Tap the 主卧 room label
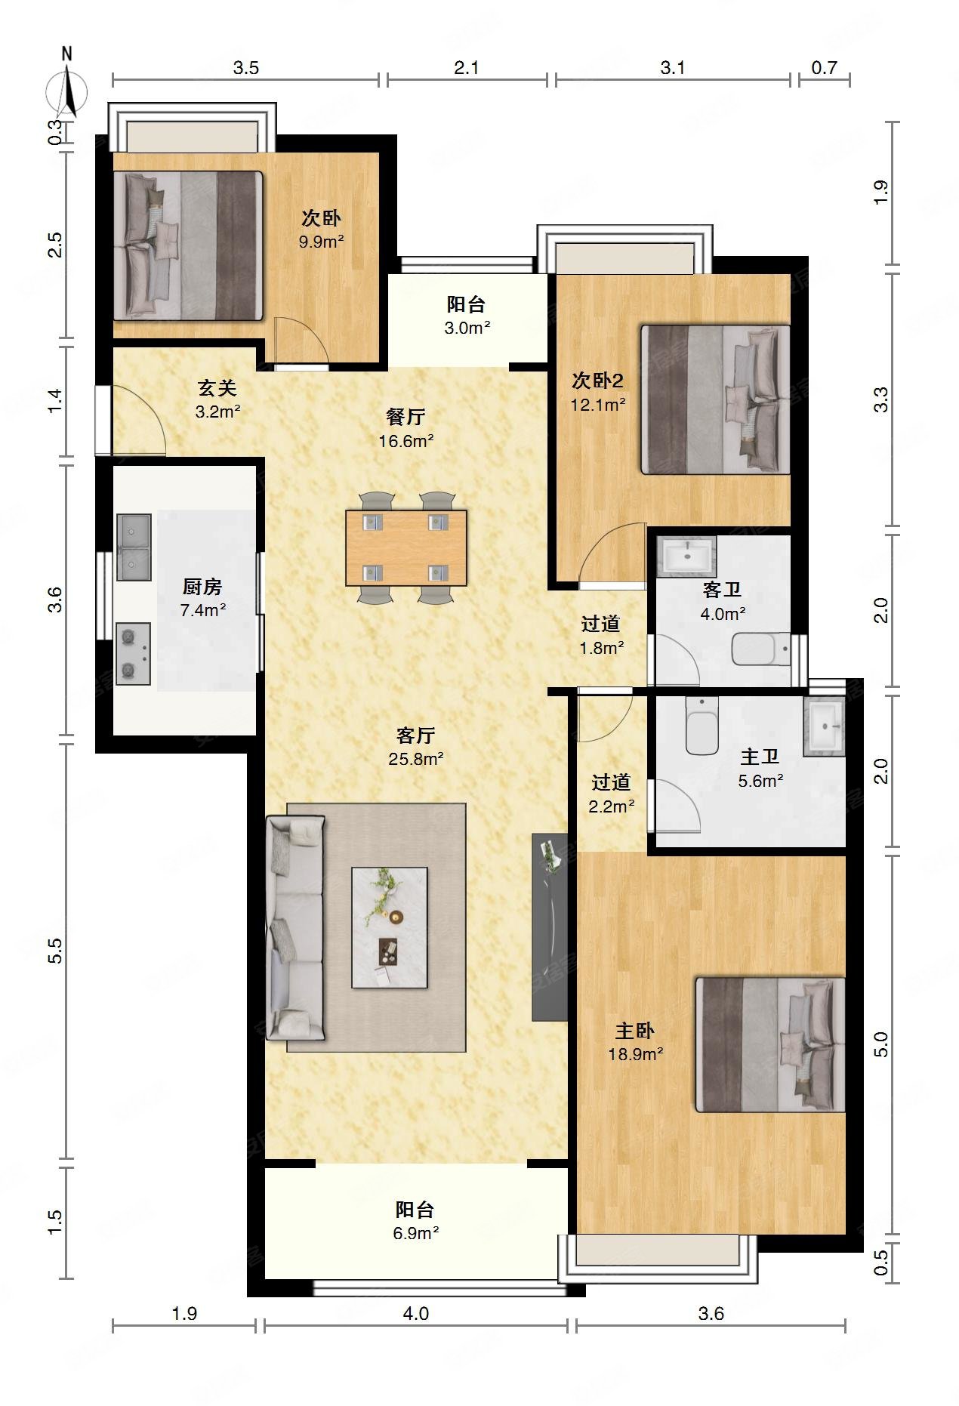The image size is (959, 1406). coord(635,1031)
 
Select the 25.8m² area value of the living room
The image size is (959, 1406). coord(416,759)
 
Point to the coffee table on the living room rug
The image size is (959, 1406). coord(390,927)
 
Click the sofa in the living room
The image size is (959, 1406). coord(295,927)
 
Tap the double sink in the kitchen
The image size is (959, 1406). coord(134,547)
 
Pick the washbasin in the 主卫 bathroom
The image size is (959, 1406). coord(823,727)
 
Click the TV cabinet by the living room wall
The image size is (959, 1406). coord(550,927)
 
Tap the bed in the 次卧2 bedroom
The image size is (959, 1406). coord(715,399)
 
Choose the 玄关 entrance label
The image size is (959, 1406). coord(217,388)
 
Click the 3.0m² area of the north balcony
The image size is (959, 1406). coord(466,328)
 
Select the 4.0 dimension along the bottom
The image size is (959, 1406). coord(415,1313)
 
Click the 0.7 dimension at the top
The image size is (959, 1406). coord(825,68)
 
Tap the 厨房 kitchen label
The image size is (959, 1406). coord(202,587)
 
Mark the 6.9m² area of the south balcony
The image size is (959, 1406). coord(416,1233)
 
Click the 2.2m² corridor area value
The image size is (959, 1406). coord(612,806)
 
